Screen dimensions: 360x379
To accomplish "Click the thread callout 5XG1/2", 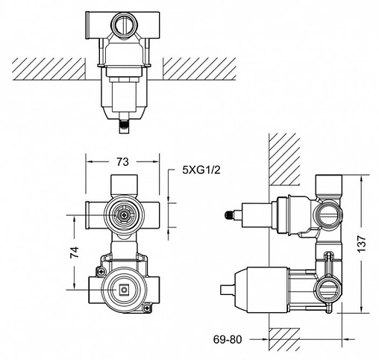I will point(201,170).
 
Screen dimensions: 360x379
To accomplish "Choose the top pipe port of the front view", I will point(122,184).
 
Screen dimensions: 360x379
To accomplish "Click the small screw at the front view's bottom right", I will point(149,305).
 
